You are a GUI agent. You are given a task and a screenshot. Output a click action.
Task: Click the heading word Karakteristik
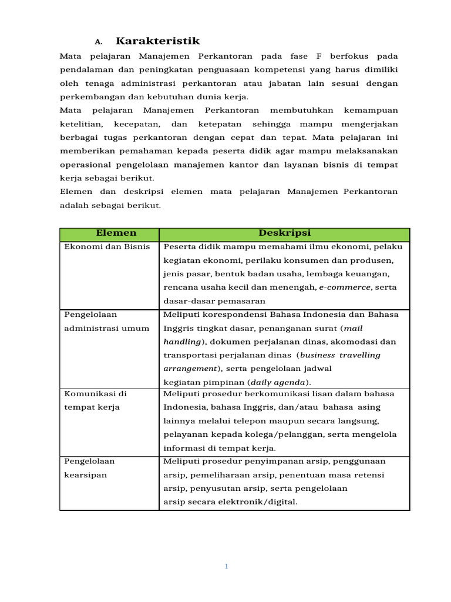click(x=157, y=41)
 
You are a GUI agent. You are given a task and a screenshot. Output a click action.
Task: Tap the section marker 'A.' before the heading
click(x=99, y=42)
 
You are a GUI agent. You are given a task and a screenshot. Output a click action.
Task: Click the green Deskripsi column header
click(x=284, y=233)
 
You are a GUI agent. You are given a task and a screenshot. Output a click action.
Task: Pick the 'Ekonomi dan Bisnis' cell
click(x=107, y=247)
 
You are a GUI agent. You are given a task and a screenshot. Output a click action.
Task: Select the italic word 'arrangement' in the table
click(x=189, y=369)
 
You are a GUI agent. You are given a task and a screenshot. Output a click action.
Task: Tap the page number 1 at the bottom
click(x=226, y=566)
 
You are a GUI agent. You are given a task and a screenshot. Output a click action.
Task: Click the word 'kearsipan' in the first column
click(x=86, y=475)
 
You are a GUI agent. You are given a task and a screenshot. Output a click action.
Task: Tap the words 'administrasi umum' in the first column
click(x=107, y=328)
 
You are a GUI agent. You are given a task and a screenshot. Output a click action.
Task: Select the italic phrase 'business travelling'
click(x=340, y=355)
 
